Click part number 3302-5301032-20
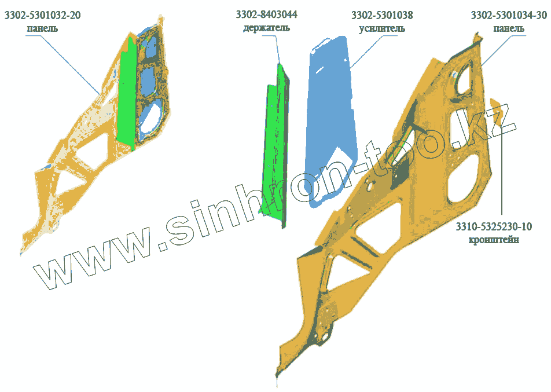pos(42,16)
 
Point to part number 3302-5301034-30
pos(508,15)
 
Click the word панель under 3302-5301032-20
pos(42,28)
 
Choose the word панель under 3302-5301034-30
pos(508,28)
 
